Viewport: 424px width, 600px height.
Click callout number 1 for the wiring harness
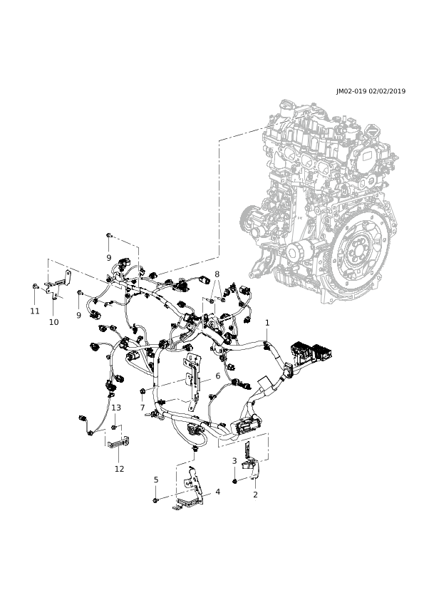tap(267, 323)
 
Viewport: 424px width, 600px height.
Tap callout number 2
tap(255, 495)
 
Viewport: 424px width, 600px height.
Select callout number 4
tap(218, 491)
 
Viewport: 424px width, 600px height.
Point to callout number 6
tap(218, 376)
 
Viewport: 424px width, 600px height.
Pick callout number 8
tap(217, 274)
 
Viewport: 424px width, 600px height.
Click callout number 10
tap(54, 322)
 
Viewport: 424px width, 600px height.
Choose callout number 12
tap(120, 468)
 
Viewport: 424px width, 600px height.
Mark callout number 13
tap(116, 408)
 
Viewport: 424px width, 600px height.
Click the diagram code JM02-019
tap(352, 91)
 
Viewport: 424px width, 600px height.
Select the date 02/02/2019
tap(387, 91)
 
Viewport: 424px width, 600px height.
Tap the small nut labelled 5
tap(155, 500)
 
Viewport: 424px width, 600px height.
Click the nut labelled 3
tap(234, 481)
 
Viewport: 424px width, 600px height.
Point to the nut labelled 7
tap(142, 390)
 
